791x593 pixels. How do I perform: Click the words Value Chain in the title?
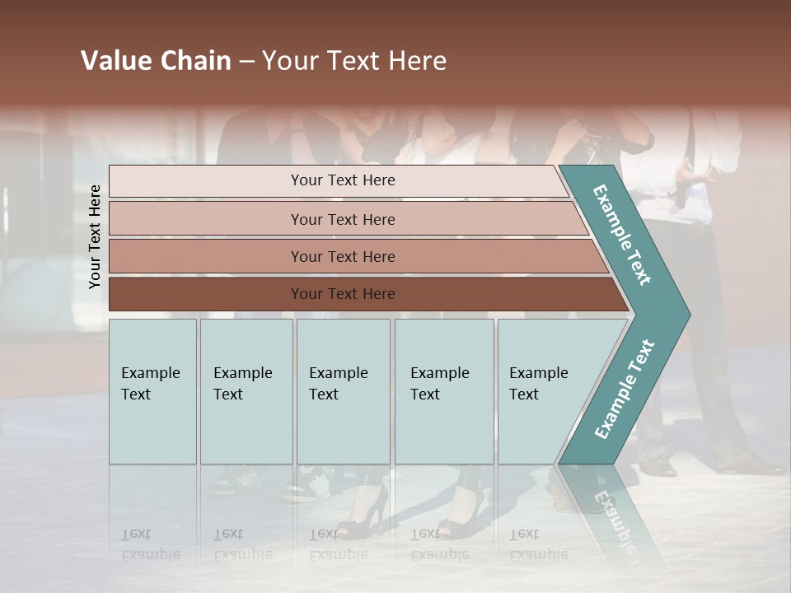(156, 61)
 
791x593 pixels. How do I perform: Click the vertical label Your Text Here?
(95, 236)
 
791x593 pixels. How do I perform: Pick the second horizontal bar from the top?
(342, 219)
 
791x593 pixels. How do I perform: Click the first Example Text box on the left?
(152, 391)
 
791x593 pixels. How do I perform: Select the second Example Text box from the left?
(246, 391)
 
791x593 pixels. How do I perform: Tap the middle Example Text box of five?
(343, 391)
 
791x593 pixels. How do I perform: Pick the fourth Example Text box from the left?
(443, 391)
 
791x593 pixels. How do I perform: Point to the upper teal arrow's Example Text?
(622, 235)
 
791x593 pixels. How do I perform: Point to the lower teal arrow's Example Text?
(624, 389)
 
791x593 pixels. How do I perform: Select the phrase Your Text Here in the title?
(354, 61)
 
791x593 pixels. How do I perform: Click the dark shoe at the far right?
(754, 467)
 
